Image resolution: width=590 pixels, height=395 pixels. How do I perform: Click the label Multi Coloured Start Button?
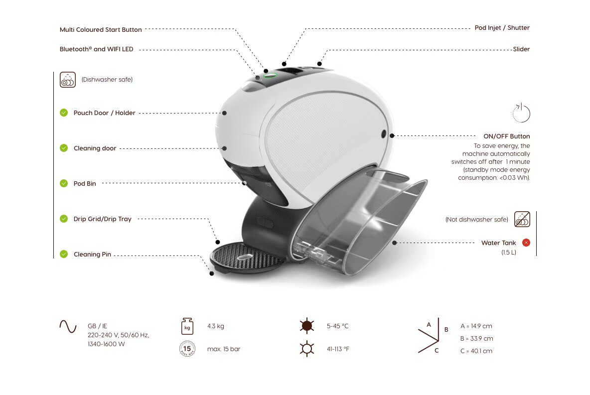[x=101, y=30]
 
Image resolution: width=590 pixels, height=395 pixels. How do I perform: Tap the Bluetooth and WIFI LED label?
[x=96, y=49]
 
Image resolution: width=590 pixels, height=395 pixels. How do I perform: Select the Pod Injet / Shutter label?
[x=502, y=28]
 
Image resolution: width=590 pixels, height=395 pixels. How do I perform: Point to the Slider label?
[x=521, y=49]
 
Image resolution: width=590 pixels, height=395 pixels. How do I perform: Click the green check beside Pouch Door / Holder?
[x=64, y=113]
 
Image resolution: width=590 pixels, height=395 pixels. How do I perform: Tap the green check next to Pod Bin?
[x=64, y=183]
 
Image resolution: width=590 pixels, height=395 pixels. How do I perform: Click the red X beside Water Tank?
[x=526, y=243]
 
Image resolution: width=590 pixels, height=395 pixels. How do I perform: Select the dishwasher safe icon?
[x=68, y=80]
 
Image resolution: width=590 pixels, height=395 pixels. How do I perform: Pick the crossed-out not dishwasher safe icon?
[x=522, y=219]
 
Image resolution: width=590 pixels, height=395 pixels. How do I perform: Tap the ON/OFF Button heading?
[x=506, y=136]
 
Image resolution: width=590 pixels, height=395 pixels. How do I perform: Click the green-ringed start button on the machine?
[x=270, y=76]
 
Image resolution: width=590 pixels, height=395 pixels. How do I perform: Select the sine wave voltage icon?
[x=68, y=326]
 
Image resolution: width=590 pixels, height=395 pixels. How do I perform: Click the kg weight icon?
[x=187, y=326]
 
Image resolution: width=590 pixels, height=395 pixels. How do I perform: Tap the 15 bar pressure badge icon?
[x=187, y=349]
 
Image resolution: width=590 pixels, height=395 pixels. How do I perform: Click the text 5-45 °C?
[x=337, y=326]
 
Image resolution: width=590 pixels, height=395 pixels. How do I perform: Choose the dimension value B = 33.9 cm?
[x=476, y=339]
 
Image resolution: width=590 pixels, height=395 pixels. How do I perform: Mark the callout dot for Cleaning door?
[x=224, y=148]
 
